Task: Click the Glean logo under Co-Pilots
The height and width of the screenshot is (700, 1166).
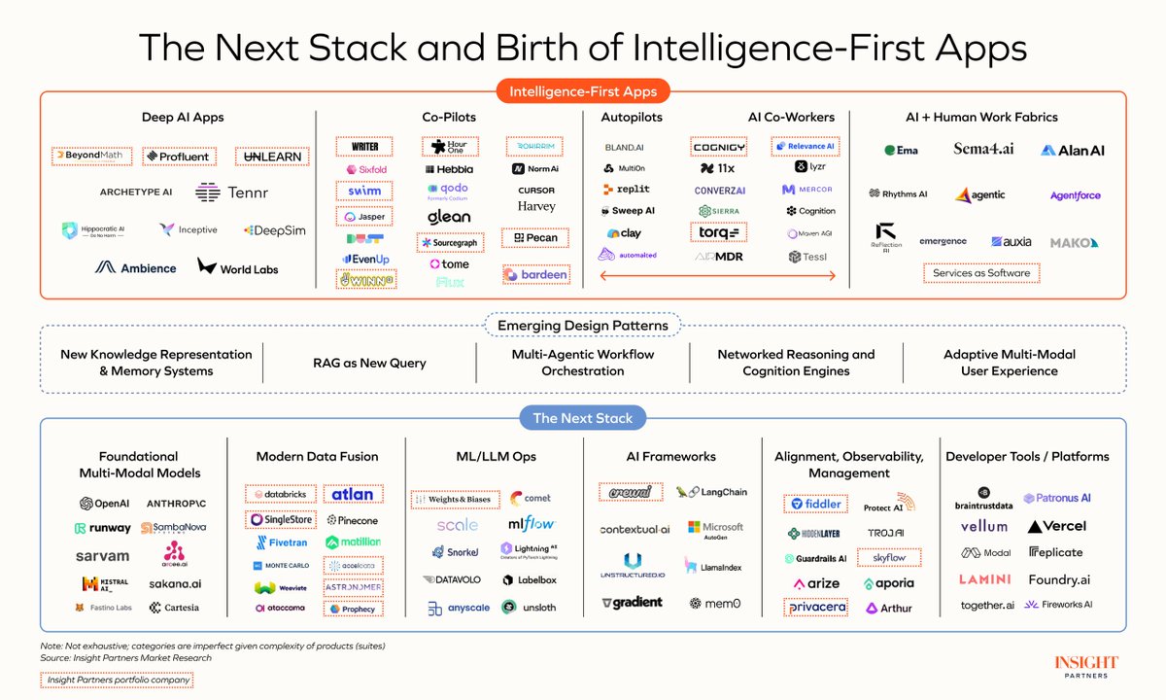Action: (448, 217)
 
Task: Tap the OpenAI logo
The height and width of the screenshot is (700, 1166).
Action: (104, 504)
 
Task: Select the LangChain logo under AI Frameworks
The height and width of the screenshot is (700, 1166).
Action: (711, 493)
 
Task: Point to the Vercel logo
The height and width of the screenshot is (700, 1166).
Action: (1057, 526)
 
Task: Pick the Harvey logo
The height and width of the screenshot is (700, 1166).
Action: (536, 206)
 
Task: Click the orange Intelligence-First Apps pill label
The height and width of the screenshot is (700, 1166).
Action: (583, 92)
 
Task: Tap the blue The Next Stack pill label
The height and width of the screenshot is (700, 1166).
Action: (583, 419)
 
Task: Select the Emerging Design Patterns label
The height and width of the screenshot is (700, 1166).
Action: (583, 326)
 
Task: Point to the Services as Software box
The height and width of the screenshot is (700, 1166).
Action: (979, 273)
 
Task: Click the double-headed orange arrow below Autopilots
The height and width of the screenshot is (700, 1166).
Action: (718, 276)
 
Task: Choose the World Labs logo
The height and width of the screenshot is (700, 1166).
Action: (238, 267)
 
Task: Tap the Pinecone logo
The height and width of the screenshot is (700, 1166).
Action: (352, 520)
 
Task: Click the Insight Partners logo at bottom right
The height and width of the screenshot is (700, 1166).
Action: (1085, 667)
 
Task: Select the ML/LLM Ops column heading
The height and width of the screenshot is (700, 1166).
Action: (497, 456)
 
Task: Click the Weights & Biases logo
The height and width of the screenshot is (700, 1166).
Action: (456, 500)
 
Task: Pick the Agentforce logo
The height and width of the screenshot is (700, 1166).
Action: (1075, 195)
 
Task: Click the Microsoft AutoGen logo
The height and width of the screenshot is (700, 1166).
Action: (715, 530)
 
